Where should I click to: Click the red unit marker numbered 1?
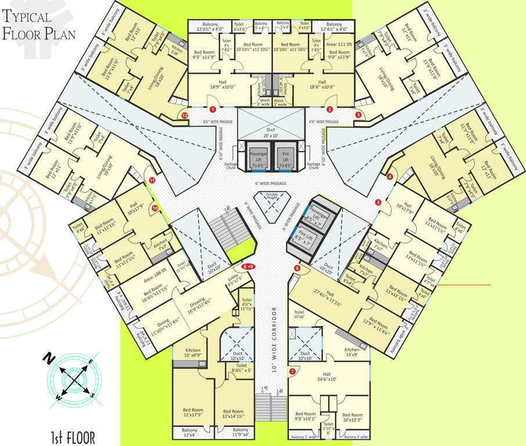[x=213, y=109]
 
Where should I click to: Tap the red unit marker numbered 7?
[x=292, y=371]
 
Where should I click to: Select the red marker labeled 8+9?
[x=249, y=267]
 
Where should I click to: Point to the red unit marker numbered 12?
[x=185, y=116]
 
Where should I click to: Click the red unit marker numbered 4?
[x=390, y=177]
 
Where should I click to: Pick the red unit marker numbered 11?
[x=152, y=181]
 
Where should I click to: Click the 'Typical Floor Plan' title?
[x=39, y=26]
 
